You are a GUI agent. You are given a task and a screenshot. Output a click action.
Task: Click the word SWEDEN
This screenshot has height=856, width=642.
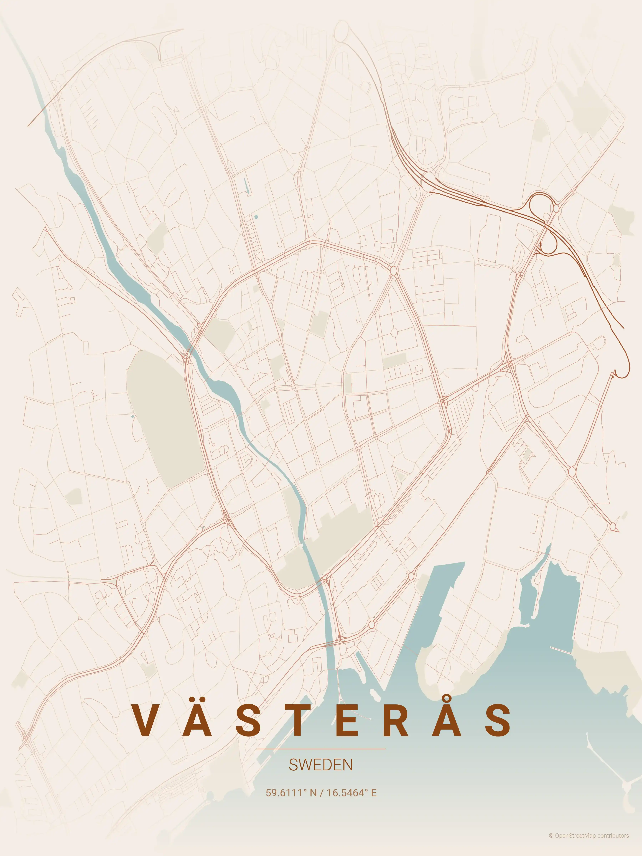tap(321, 765)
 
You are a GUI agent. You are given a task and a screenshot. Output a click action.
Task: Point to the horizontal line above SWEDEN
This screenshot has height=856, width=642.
tap(321, 749)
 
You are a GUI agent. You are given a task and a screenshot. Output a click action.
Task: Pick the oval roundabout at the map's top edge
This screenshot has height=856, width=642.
tap(341, 30)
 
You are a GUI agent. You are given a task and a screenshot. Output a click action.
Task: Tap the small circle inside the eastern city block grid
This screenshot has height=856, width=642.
tap(394, 332)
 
